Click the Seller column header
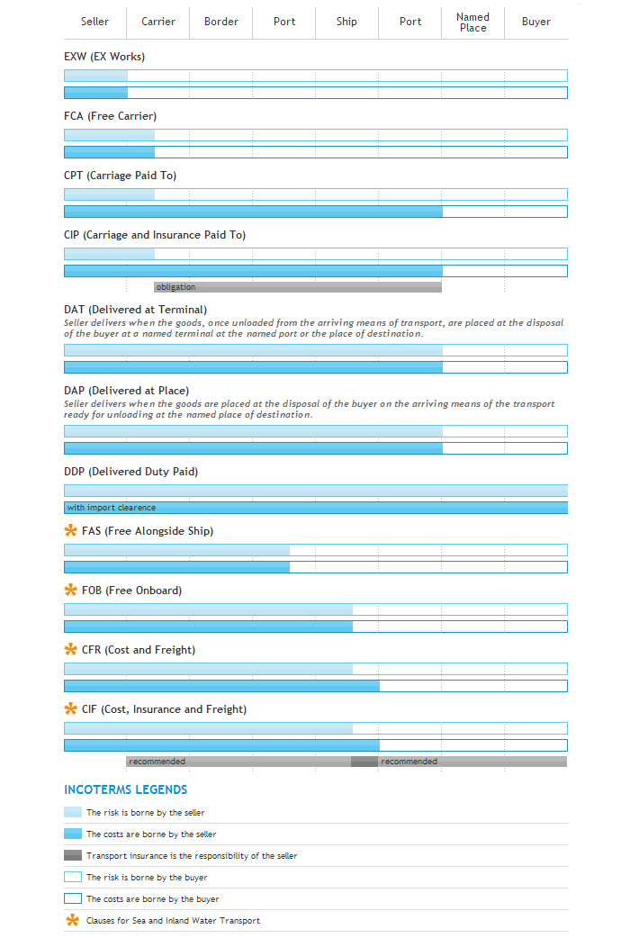(94, 22)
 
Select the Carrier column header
(158, 22)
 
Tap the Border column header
(221, 22)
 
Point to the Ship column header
(346, 22)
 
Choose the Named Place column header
(472, 23)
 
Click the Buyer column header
(535, 22)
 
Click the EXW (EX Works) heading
(104, 57)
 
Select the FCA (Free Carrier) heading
(110, 116)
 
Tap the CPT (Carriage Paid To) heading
(120, 176)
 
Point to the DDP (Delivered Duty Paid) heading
(130, 472)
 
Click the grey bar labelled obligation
(298, 287)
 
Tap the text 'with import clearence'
(111, 508)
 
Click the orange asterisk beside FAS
(71, 531)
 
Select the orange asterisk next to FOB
(71, 591)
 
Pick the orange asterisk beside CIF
(71, 709)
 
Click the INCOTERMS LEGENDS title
(125, 789)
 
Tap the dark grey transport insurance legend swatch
(73, 855)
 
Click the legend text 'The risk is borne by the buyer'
(146, 877)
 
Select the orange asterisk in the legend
(72, 920)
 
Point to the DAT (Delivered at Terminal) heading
(135, 310)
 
